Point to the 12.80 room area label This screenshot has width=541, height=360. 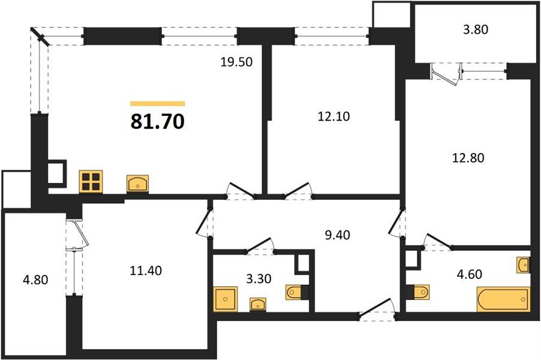pos(467,158)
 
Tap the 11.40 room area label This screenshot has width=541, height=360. pos(146,271)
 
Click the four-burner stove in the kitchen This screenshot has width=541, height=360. pos(92,181)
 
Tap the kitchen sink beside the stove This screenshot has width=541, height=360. pos(138,183)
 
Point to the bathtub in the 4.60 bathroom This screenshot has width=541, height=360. pos(503,298)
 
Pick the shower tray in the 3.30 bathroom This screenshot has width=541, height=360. pos(225,299)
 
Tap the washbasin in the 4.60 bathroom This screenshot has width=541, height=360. pos(523,264)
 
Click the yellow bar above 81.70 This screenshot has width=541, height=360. pos(157,104)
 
